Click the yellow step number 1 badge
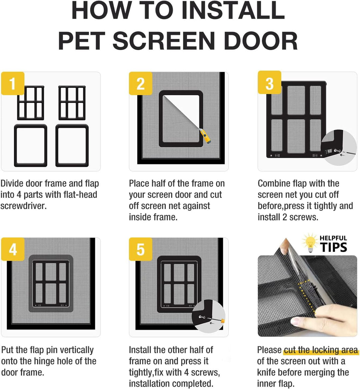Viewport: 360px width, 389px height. (13, 83)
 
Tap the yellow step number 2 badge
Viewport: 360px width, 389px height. (140, 83)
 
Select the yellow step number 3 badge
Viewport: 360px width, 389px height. (269, 82)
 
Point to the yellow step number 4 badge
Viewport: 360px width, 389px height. (13, 249)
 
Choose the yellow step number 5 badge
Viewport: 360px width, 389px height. (140, 249)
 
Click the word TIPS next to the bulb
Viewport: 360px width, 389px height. (333, 247)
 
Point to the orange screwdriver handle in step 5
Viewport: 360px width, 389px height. (223, 321)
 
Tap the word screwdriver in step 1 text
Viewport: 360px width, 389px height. (24, 206)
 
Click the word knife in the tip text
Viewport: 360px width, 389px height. (267, 373)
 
